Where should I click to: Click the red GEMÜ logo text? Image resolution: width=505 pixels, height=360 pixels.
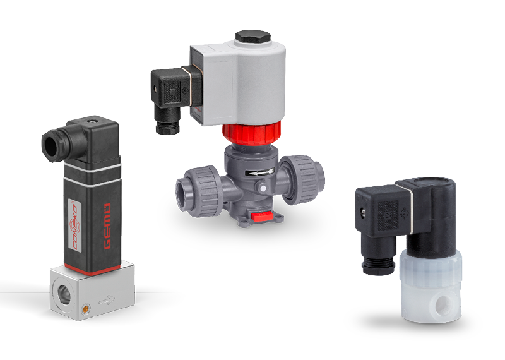click(108, 226)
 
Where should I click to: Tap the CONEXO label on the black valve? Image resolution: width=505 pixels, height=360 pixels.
click(74, 226)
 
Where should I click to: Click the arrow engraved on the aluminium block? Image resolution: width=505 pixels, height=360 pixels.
click(107, 301)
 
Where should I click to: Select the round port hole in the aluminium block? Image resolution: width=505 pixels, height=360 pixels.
click(64, 293)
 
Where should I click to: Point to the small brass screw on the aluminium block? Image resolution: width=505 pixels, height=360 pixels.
click(86, 309)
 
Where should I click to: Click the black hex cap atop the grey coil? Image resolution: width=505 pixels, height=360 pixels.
click(253, 37)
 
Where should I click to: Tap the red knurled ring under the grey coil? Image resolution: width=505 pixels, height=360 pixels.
click(251, 132)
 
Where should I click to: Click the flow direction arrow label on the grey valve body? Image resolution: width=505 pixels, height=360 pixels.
click(259, 172)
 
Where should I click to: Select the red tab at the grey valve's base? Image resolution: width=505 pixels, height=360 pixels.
click(262, 217)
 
